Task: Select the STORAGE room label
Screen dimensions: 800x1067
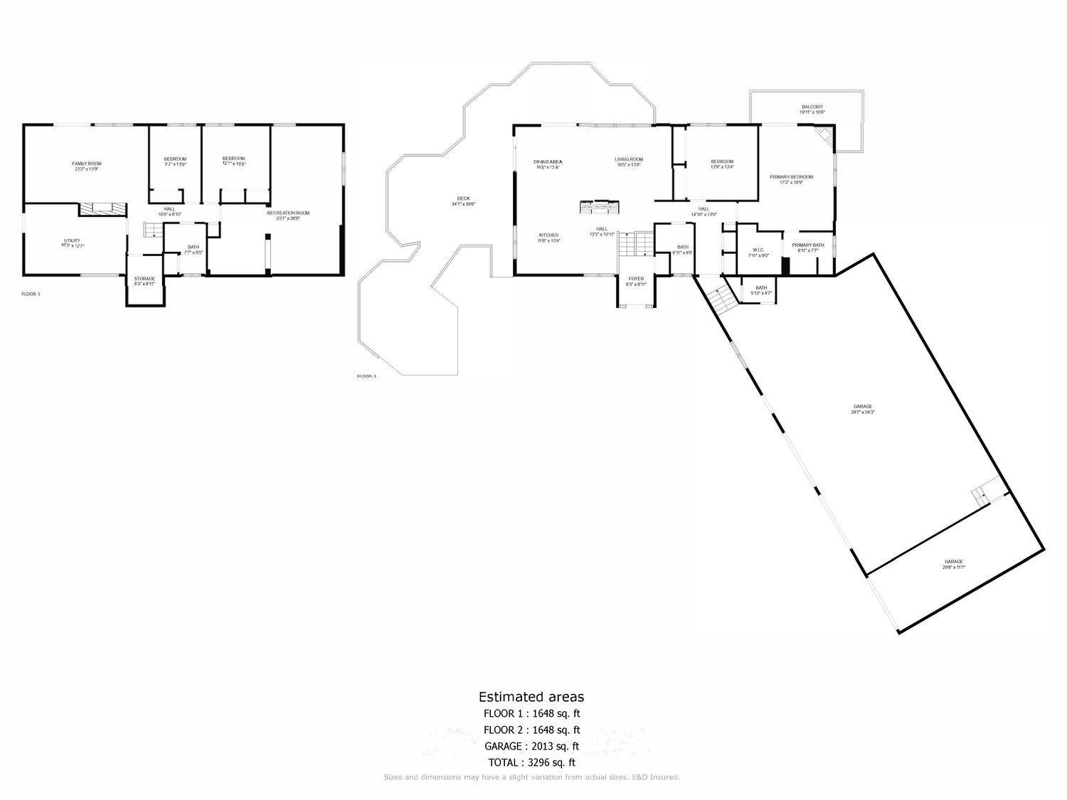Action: point(144,281)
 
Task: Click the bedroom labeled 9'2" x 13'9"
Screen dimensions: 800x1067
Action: point(175,161)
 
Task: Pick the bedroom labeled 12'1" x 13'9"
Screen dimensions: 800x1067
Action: point(233,161)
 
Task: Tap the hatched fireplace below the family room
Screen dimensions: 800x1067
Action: point(101,208)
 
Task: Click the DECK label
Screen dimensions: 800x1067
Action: point(463,201)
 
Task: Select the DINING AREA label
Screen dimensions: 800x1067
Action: point(548,164)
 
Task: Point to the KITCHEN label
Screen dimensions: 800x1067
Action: point(548,238)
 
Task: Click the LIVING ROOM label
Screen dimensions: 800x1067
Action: point(629,162)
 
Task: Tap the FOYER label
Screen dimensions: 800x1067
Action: point(636,282)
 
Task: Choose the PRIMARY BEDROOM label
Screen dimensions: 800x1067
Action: point(790,179)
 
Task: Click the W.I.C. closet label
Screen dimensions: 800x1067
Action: point(758,252)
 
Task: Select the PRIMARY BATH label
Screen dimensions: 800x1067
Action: point(808,247)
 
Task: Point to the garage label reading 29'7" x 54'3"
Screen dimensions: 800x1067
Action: point(861,409)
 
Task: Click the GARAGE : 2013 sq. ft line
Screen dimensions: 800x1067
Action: point(531,746)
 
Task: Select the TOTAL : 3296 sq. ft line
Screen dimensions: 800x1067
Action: point(531,762)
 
